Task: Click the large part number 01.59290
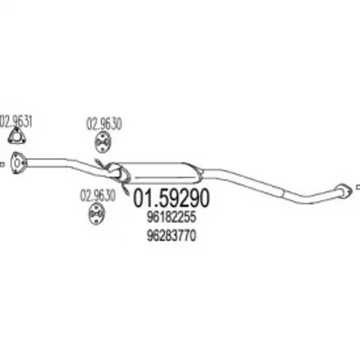click(x=171, y=198)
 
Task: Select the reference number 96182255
click(x=171, y=217)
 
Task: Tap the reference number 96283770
click(x=171, y=235)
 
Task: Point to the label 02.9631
click(x=16, y=121)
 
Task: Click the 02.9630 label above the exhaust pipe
click(x=104, y=124)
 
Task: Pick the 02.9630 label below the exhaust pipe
click(x=97, y=196)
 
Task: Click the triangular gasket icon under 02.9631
click(x=16, y=136)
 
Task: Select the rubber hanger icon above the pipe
click(x=103, y=142)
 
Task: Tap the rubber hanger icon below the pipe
click(x=96, y=214)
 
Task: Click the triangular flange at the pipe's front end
click(x=17, y=163)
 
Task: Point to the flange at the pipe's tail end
click(x=343, y=190)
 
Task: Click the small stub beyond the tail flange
click(x=358, y=187)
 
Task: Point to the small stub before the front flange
click(x=2, y=164)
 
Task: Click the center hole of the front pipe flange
click(x=16, y=163)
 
